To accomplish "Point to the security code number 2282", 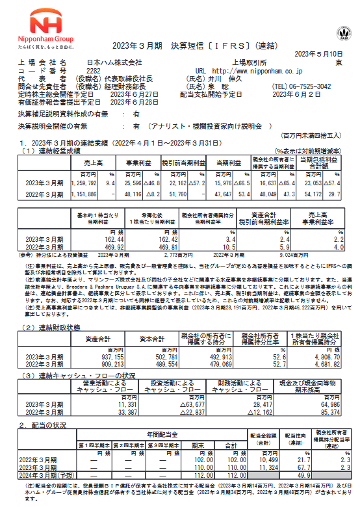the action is [x=94, y=70].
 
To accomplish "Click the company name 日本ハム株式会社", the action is [x=114, y=62].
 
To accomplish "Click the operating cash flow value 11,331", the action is [x=111, y=405].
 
